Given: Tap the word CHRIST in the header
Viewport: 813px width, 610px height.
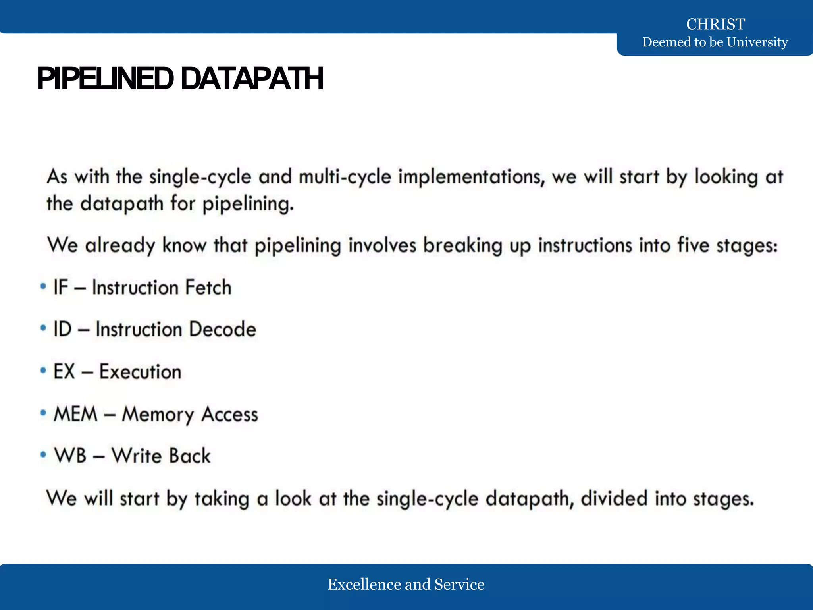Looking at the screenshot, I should tap(715, 25).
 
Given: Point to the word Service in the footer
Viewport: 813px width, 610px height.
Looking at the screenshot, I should tap(459, 585).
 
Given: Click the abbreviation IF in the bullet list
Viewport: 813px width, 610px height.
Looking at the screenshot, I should tap(61, 288).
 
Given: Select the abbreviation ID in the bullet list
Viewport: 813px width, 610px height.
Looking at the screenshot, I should tap(62, 330).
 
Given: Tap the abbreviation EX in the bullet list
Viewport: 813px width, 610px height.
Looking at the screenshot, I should tap(64, 372).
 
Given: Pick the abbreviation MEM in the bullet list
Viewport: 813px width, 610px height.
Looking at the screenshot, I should tap(75, 414).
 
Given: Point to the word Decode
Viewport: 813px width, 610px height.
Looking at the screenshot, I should tap(222, 330).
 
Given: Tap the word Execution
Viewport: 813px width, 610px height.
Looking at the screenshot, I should tap(140, 372).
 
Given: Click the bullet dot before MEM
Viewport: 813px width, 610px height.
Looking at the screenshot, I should tap(43, 413).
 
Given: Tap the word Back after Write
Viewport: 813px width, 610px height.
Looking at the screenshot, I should tap(189, 456).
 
